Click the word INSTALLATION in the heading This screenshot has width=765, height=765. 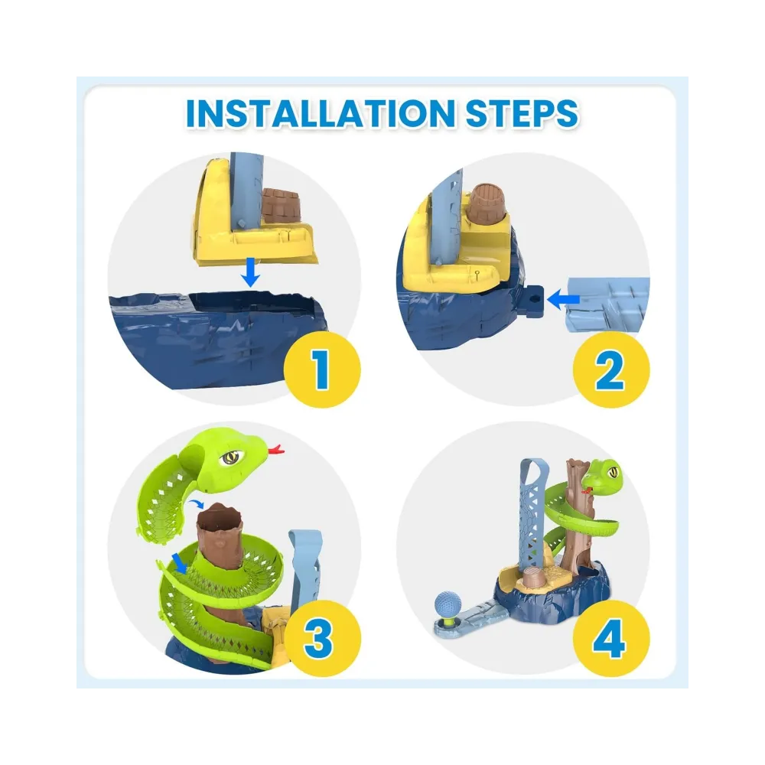pos(320,113)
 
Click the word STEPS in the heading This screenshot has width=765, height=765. pos(522,113)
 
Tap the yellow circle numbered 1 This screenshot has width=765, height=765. pos(322,369)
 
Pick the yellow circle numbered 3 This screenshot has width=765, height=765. pos(322,638)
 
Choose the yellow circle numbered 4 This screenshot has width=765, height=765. pos(610,638)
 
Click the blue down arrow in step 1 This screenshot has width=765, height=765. pos(251,273)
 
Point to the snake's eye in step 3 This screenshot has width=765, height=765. pos(230,457)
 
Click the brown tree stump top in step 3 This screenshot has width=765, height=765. pos(220,518)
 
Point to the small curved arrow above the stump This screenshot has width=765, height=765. pos(196,503)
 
